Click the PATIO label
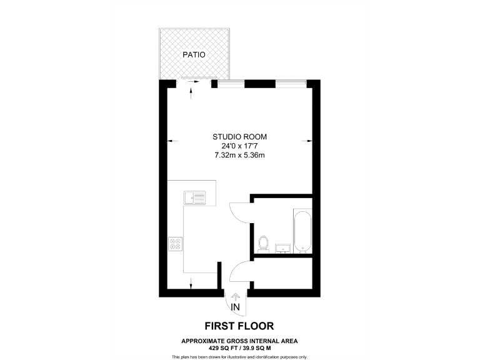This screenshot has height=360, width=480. [194, 55]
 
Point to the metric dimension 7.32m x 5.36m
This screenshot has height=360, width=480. [240, 155]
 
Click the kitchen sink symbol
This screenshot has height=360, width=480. [194, 198]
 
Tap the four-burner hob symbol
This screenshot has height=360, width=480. [176, 243]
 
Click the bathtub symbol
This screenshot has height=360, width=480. [302, 232]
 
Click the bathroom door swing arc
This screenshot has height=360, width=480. [240, 212]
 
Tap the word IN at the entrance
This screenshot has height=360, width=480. [236, 307]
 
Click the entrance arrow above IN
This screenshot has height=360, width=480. [236, 296]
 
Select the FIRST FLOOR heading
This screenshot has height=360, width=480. [240, 326]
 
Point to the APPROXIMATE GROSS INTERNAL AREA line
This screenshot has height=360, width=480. [240, 340]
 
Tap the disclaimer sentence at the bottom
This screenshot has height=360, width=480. [240, 356]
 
